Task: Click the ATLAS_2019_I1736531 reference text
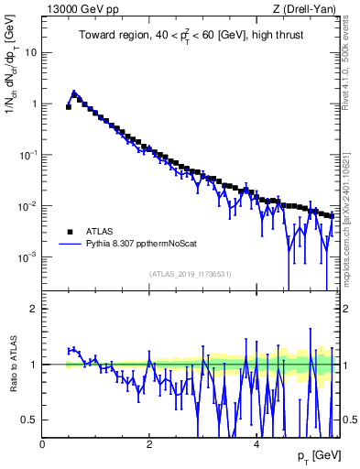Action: point(190,274)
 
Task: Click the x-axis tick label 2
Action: point(149,443)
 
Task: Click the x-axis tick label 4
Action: point(256,443)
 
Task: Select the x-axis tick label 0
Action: point(43,443)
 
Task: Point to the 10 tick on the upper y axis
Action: point(32,52)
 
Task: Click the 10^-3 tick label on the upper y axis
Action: point(27,257)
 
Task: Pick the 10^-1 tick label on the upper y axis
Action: point(27,155)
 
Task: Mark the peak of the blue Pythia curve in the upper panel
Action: point(74,93)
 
